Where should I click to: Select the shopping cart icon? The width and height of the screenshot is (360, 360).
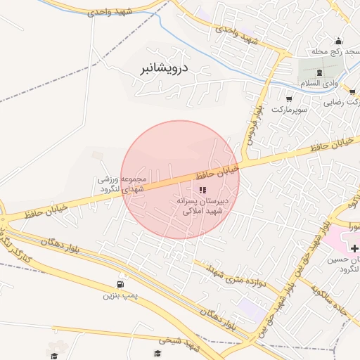click(290, 99)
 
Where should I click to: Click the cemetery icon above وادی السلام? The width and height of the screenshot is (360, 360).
click(320, 72)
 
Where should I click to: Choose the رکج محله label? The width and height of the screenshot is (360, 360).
click(336, 53)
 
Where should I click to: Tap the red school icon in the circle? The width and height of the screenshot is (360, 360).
click(202, 190)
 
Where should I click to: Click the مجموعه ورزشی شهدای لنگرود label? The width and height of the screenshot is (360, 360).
click(120, 184)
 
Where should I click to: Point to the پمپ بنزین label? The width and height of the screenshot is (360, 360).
click(119, 296)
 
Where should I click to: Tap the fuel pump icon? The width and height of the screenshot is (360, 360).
click(119, 285)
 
